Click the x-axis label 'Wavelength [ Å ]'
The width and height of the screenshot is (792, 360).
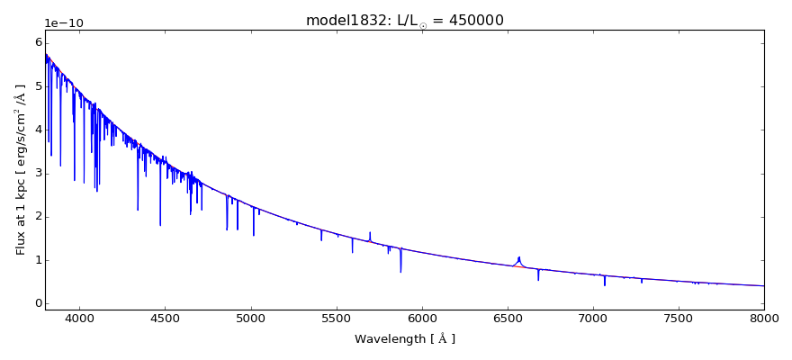click(x=404, y=339)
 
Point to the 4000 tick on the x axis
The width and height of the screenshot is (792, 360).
click(x=79, y=319)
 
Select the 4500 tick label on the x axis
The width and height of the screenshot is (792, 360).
click(x=165, y=319)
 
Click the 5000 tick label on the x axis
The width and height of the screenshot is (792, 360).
click(x=250, y=319)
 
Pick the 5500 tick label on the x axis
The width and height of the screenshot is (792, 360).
click(x=336, y=319)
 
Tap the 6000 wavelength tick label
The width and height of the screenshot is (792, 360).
click(x=421, y=319)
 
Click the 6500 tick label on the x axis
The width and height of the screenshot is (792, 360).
click(x=507, y=319)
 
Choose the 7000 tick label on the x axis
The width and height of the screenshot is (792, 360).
click(x=593, y=319)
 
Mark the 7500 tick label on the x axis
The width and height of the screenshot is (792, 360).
click(x=679, y=319)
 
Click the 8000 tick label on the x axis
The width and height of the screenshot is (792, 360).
click(x=764, y=319)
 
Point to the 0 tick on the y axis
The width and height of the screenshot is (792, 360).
click(x=37, y=303)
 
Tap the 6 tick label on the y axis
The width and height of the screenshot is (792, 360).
click(x=37, y=42)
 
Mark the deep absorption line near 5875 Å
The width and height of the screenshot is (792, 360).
click(x=400, y=271)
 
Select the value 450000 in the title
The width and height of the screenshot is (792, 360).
click(x=471, y=21)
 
